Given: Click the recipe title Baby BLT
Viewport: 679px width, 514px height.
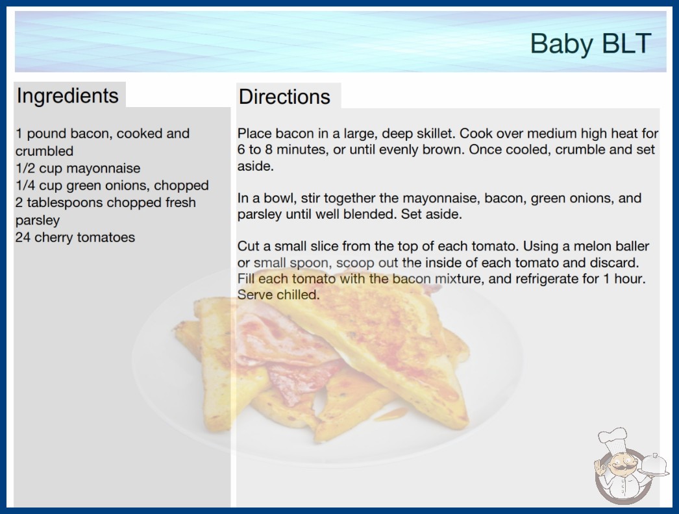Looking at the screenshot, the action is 591,43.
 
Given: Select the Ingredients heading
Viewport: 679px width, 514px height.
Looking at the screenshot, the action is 68,95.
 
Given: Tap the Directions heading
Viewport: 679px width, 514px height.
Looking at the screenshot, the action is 284,97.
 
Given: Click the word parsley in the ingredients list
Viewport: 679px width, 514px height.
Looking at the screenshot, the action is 38,221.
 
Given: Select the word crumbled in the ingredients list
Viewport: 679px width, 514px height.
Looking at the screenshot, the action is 44,151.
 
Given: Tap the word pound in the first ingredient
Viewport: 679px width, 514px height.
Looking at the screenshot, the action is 46,134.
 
